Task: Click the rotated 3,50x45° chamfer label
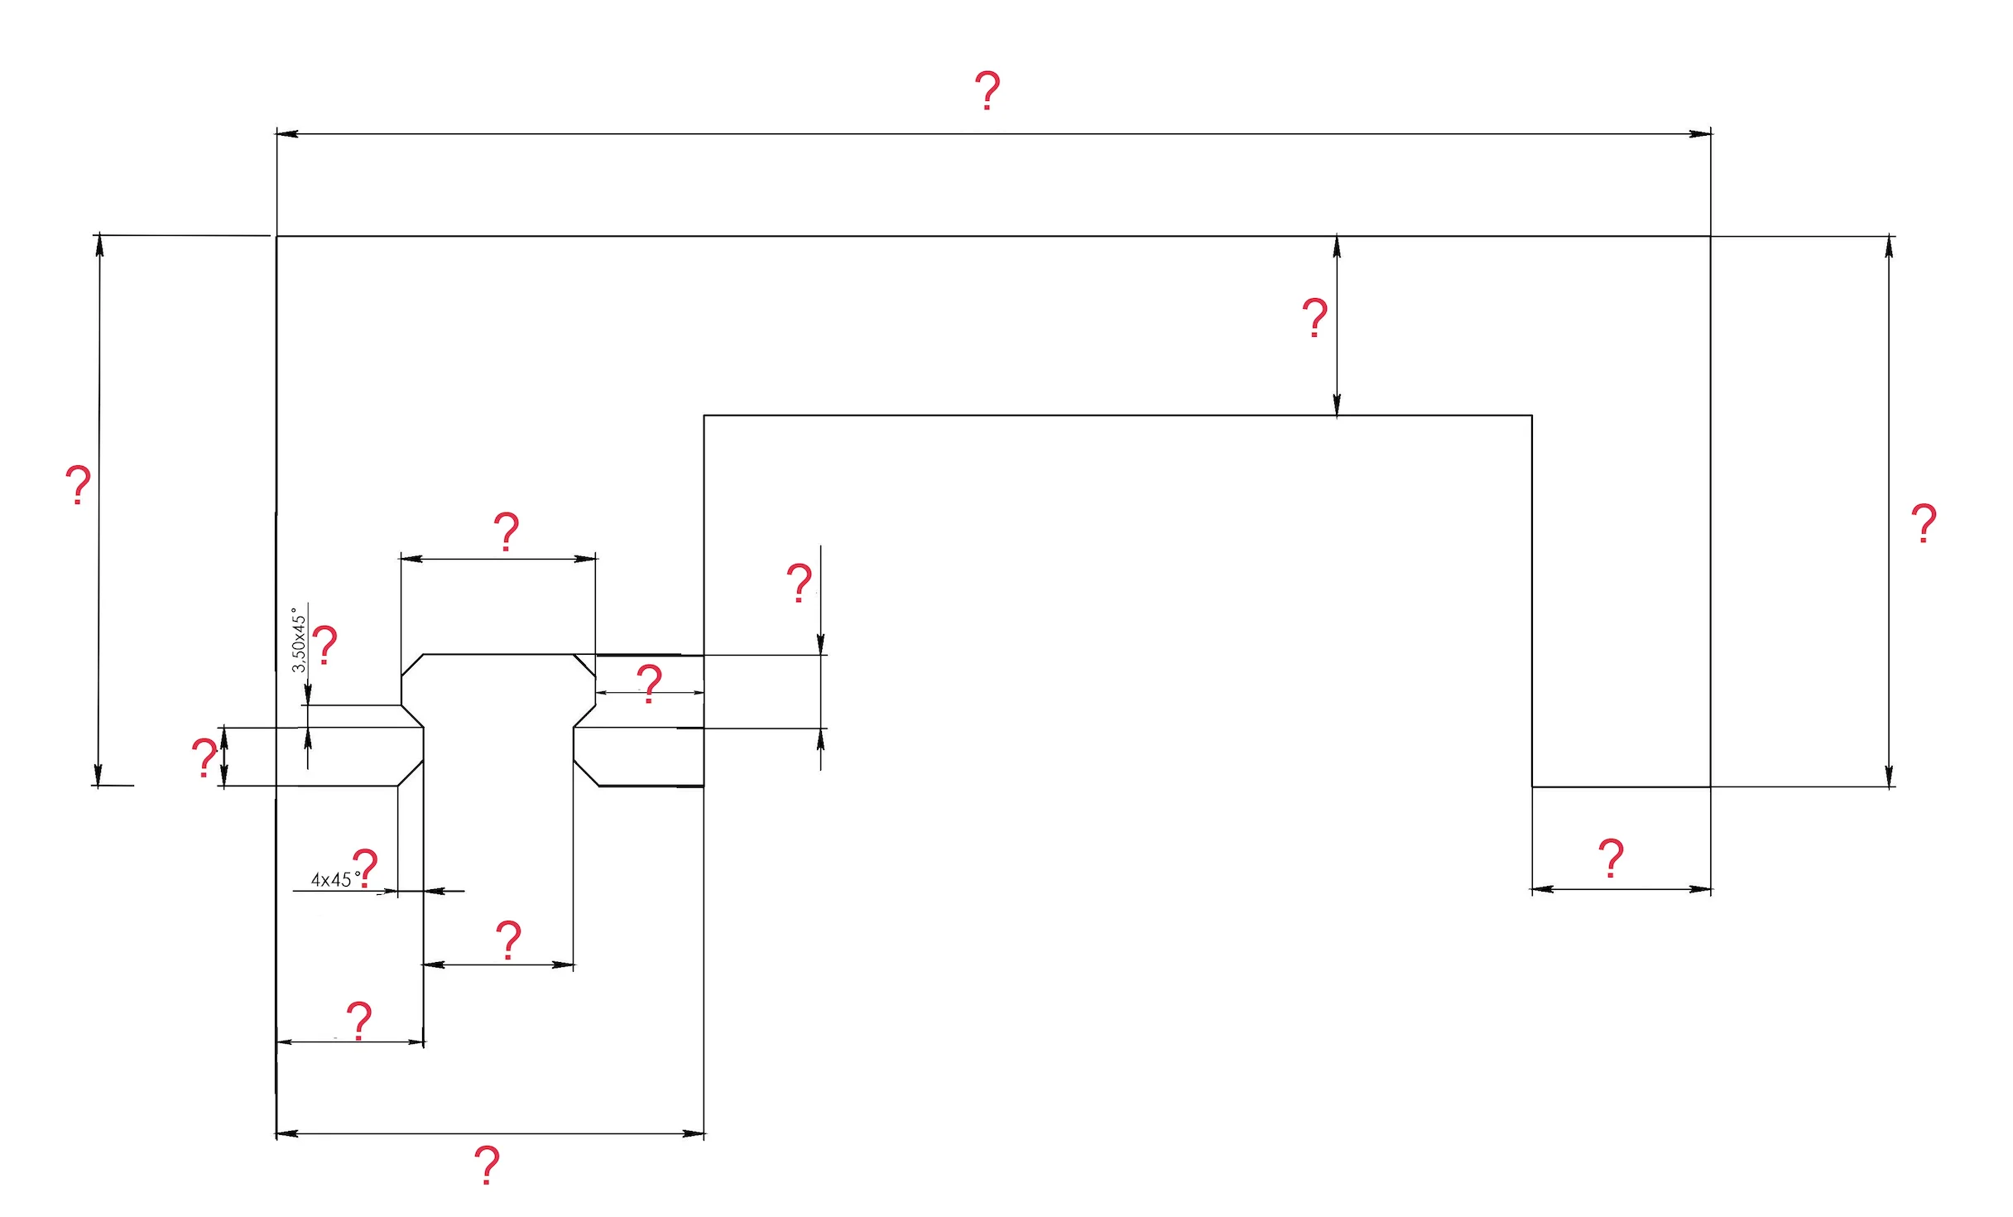pos(299,641)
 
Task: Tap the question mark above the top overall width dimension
pos(987,91)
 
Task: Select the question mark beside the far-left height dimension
pos(78,485)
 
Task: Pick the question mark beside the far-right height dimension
pos(1924,522)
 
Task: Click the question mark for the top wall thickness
pos(1315,317)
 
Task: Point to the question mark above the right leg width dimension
pos(1611,858)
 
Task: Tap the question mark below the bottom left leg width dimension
pos(488,1165)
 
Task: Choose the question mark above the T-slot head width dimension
pos(507,532)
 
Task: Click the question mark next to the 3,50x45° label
pos(325,645)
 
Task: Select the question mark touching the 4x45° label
pos(365,868)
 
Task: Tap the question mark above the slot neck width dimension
pos(508,940)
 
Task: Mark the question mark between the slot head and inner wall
pos(650,683)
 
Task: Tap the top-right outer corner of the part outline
pos(1710,236)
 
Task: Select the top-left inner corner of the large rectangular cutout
pos(704,416)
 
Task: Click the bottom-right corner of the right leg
pos(1710,786)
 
